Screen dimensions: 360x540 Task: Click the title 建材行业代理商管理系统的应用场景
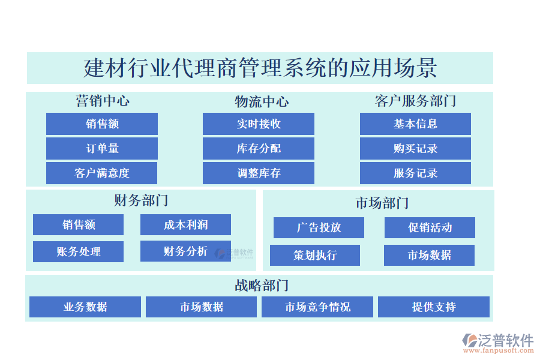pos(260,68)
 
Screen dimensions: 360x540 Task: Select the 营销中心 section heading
pos(102,101)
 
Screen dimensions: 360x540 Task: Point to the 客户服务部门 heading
pos(415,101)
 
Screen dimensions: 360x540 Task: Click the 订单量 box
pos(102,148)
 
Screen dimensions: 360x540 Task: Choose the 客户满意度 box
pos(102,173)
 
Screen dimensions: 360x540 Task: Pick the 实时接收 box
pos(259,124)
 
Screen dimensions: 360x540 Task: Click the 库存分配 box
pos(259,148)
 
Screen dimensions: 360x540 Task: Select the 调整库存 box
pos(259,173)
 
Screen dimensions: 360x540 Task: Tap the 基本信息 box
pos(415,124)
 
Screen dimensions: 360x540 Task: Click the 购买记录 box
pos(415,148)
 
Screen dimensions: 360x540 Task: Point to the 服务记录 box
pos(415,173)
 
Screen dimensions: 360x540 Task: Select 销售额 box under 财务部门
pos(78,224)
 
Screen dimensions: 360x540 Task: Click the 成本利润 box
pos(185,224)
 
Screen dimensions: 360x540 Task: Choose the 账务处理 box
pos(78,251)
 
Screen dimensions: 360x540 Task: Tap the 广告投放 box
pos(319,227)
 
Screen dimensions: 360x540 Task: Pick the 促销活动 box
pos(430,227)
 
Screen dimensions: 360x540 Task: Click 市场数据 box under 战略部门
pos(201,307)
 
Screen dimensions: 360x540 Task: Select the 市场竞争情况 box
pos(317,307)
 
